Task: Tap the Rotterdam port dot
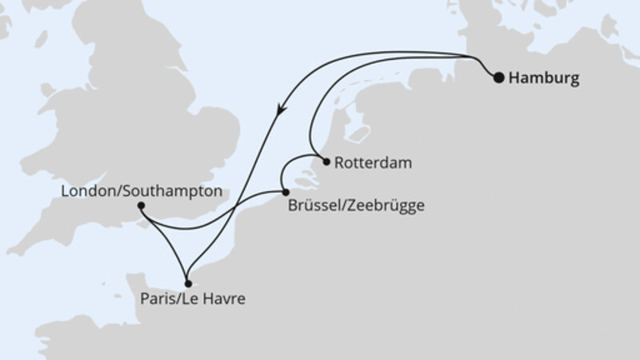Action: [x=326, y=161]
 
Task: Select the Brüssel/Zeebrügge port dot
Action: [x=286, y=191]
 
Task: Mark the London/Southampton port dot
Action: [x=141, y=206]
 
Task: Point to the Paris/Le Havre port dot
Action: [x=187, y=282]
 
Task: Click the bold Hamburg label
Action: [x=544, y=78]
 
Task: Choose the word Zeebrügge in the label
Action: [x=383, y=205]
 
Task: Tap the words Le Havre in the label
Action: [x=217, y=301]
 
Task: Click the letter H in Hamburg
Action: [x=514, y=78]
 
